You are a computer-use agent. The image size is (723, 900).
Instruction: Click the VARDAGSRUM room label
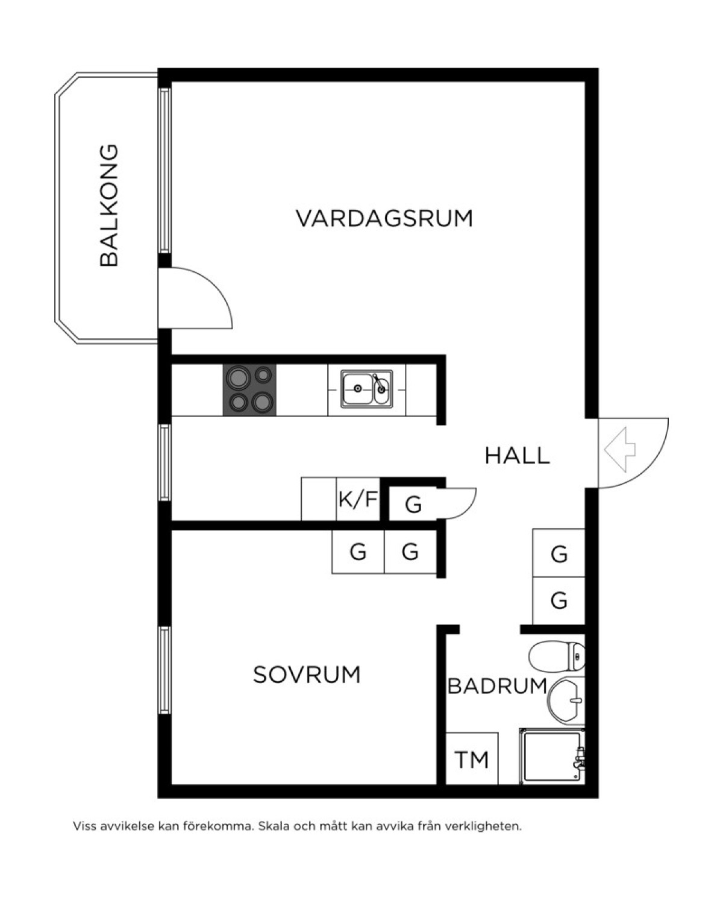384,218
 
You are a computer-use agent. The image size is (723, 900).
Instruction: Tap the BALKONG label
109,206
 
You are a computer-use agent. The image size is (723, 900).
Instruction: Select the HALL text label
517,456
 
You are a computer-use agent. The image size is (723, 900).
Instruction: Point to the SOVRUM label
307,675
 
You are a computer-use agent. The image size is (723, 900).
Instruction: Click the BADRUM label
497,686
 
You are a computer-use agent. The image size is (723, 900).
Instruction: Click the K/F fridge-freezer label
358,499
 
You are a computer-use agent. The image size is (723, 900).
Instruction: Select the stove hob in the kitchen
249,390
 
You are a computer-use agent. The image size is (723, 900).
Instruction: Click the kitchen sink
367,389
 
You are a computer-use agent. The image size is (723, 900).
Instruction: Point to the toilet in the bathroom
557,656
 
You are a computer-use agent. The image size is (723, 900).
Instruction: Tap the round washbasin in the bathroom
566,701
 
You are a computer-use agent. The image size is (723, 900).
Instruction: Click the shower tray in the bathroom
552,757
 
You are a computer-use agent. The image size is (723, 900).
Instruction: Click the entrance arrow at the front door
620,450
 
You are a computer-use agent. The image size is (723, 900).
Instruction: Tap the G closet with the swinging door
413,505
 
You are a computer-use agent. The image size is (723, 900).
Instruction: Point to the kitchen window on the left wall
164,462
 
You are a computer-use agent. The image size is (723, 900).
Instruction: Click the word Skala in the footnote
273,826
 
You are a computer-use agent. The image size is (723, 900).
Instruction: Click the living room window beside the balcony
164,171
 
